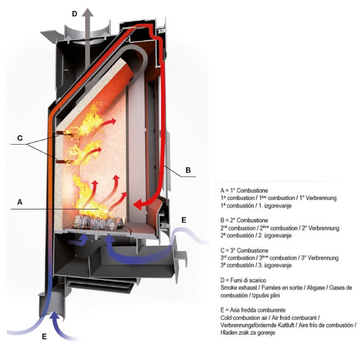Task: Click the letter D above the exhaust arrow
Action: pyautogui.click(x=74, y=13)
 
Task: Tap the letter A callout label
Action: pyautogui.click(x=20, y=202)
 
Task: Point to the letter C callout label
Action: pyautogui.click(x=20, y=139)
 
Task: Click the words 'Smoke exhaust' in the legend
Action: pyautogui.click(x=240, y=288)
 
